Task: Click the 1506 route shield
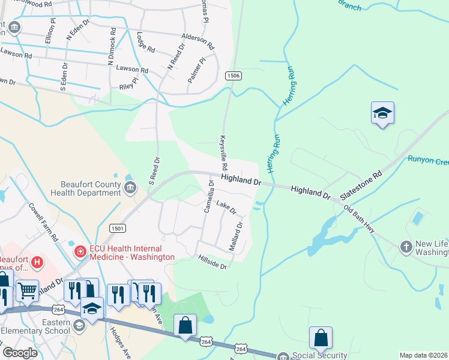pyautogui.click(x=234, y=75)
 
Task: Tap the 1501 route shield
pyautogui.click(x=117, y=228)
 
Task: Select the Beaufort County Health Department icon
pyautogui.click(x=129, y=189)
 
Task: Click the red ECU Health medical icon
pyautogui.click(x=79, y=251)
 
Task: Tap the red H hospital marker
pyautogui.click(x=37, y=262)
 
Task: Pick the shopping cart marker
pyautogui.click(x=26, y=290)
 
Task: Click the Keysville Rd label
pyautogui.click(x=224, y=152)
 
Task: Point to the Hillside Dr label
pyautogui.click(x=212, y=262)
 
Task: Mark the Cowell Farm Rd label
pyautogui.click(x=44, y=221)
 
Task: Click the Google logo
pyautogui.click(x=20, y=353)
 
